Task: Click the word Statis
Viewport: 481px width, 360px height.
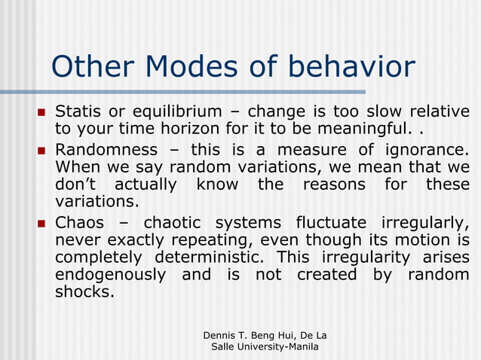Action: (x=78, y=112)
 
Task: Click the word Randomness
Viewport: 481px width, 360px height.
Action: (x=106, y=149)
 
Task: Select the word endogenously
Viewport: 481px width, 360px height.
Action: (x=110, y=275)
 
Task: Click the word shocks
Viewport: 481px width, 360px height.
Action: (x=84, y=292)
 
